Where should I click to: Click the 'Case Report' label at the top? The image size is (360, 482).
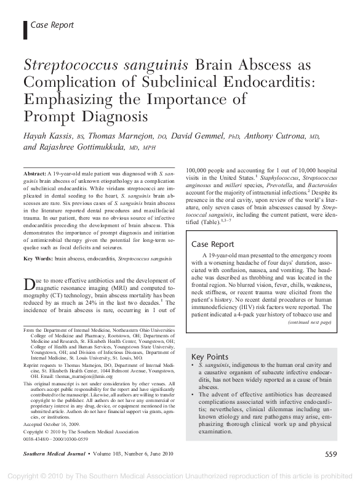pyautogui.click(x=52, y=25)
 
